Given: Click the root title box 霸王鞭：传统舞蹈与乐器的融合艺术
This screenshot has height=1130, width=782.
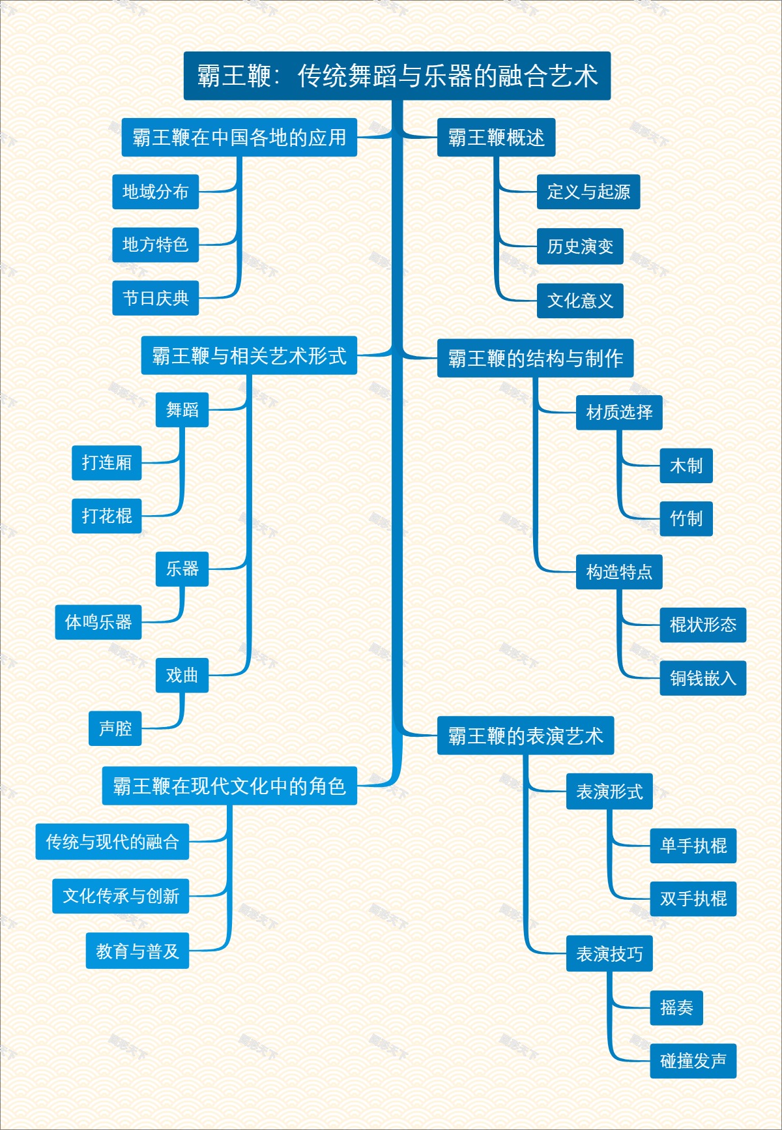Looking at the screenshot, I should point(397,76).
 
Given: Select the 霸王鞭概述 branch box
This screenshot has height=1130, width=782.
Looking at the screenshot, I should point(496,138).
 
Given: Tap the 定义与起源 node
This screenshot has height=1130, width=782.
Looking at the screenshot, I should point(588,192).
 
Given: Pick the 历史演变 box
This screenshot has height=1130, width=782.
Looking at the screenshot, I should point(579,246).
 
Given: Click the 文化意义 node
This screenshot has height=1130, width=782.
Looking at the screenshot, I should point(579,301).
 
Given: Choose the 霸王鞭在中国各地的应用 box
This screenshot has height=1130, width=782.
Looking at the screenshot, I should point(239,138).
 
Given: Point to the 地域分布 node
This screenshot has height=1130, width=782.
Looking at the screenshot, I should point(155,192).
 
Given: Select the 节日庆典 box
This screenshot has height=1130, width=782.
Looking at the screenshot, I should point(155,298).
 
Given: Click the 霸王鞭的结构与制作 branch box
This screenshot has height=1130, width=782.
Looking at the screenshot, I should point(535,358).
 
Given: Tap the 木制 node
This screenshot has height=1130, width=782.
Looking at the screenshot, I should point(686,466).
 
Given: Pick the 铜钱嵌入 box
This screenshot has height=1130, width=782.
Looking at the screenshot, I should point(702,678).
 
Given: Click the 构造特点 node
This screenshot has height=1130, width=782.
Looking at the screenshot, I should point(618,572).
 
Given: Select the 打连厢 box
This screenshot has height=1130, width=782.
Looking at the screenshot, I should point(106,462).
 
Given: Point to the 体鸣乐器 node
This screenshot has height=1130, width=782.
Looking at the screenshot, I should point(98,622).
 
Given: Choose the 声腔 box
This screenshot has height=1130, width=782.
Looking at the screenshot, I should point(115,728).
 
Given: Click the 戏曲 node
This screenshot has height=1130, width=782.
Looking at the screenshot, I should point(182,675).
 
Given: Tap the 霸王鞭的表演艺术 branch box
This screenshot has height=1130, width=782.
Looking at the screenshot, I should point(525,736).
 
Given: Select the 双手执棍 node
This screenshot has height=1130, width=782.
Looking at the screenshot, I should point(693,899).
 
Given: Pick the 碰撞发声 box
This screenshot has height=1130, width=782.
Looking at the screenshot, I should point(693,1061).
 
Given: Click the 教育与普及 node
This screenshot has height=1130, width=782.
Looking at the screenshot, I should point(138,951).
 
